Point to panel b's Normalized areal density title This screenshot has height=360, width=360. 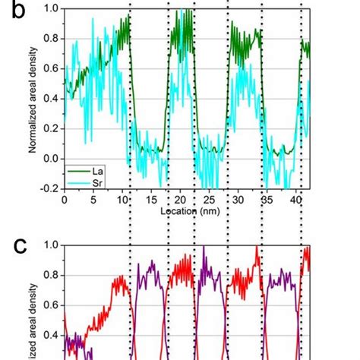click(x=33, y=96)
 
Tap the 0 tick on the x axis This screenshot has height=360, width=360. click(x=65, y=200)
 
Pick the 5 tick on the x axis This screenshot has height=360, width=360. click(x=93, y=200)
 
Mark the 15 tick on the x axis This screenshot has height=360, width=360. click(x=151, y=200)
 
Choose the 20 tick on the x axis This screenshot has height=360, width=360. click(x=180, y=200)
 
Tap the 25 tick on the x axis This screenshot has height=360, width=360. click(x=210, y=200)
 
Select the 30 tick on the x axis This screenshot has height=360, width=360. click(x=238, y=200)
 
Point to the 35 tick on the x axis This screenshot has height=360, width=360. click(x=267, y=200)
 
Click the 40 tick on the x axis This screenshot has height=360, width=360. click(x=296, y=200)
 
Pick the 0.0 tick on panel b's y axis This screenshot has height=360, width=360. click(x=52, y=158)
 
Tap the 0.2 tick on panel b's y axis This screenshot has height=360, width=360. click(x=52, y=128)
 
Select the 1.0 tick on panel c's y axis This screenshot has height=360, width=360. click(x=52, y=245)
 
